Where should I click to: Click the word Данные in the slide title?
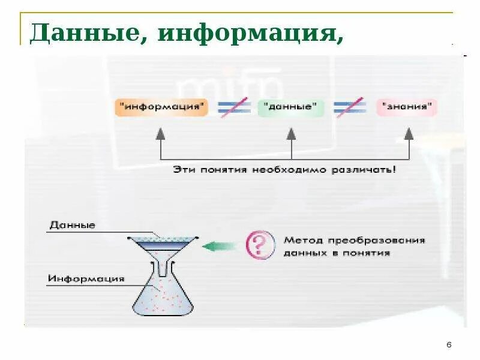pos(84,32)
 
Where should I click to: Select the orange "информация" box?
pos(161,107)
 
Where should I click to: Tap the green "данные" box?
pos(290,107)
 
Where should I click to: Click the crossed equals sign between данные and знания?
pos(351,107)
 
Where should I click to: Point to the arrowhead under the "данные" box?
pos(291,134)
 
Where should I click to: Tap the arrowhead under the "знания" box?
pos(409,134)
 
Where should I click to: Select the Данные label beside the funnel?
pos(73,225)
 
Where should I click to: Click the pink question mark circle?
pos(258,245)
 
